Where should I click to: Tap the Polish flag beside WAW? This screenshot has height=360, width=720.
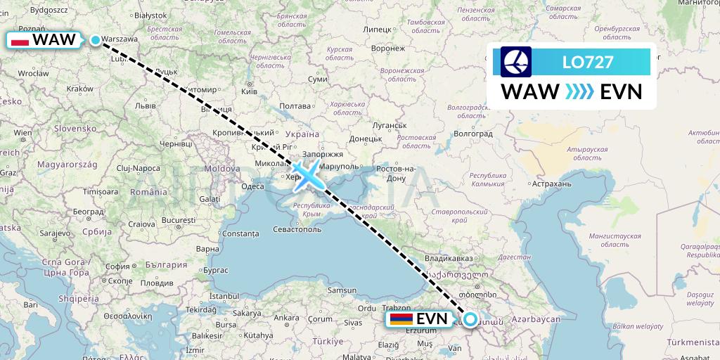(20, 41)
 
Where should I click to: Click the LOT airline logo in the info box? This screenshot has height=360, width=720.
(516, 62)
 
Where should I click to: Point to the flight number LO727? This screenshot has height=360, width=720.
(588, 62)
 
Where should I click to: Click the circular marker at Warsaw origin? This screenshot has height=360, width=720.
(96, 40)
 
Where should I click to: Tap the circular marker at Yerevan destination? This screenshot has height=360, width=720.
(470, 319)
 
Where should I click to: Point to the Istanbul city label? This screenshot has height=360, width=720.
(224, 295)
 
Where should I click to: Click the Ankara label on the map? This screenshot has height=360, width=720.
(285, 317)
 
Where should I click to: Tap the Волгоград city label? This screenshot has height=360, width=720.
(472, 131)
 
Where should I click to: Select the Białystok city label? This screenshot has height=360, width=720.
(150, 14)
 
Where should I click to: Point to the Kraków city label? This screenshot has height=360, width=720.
(79, 89)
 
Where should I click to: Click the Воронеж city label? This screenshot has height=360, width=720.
(387, 49)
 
